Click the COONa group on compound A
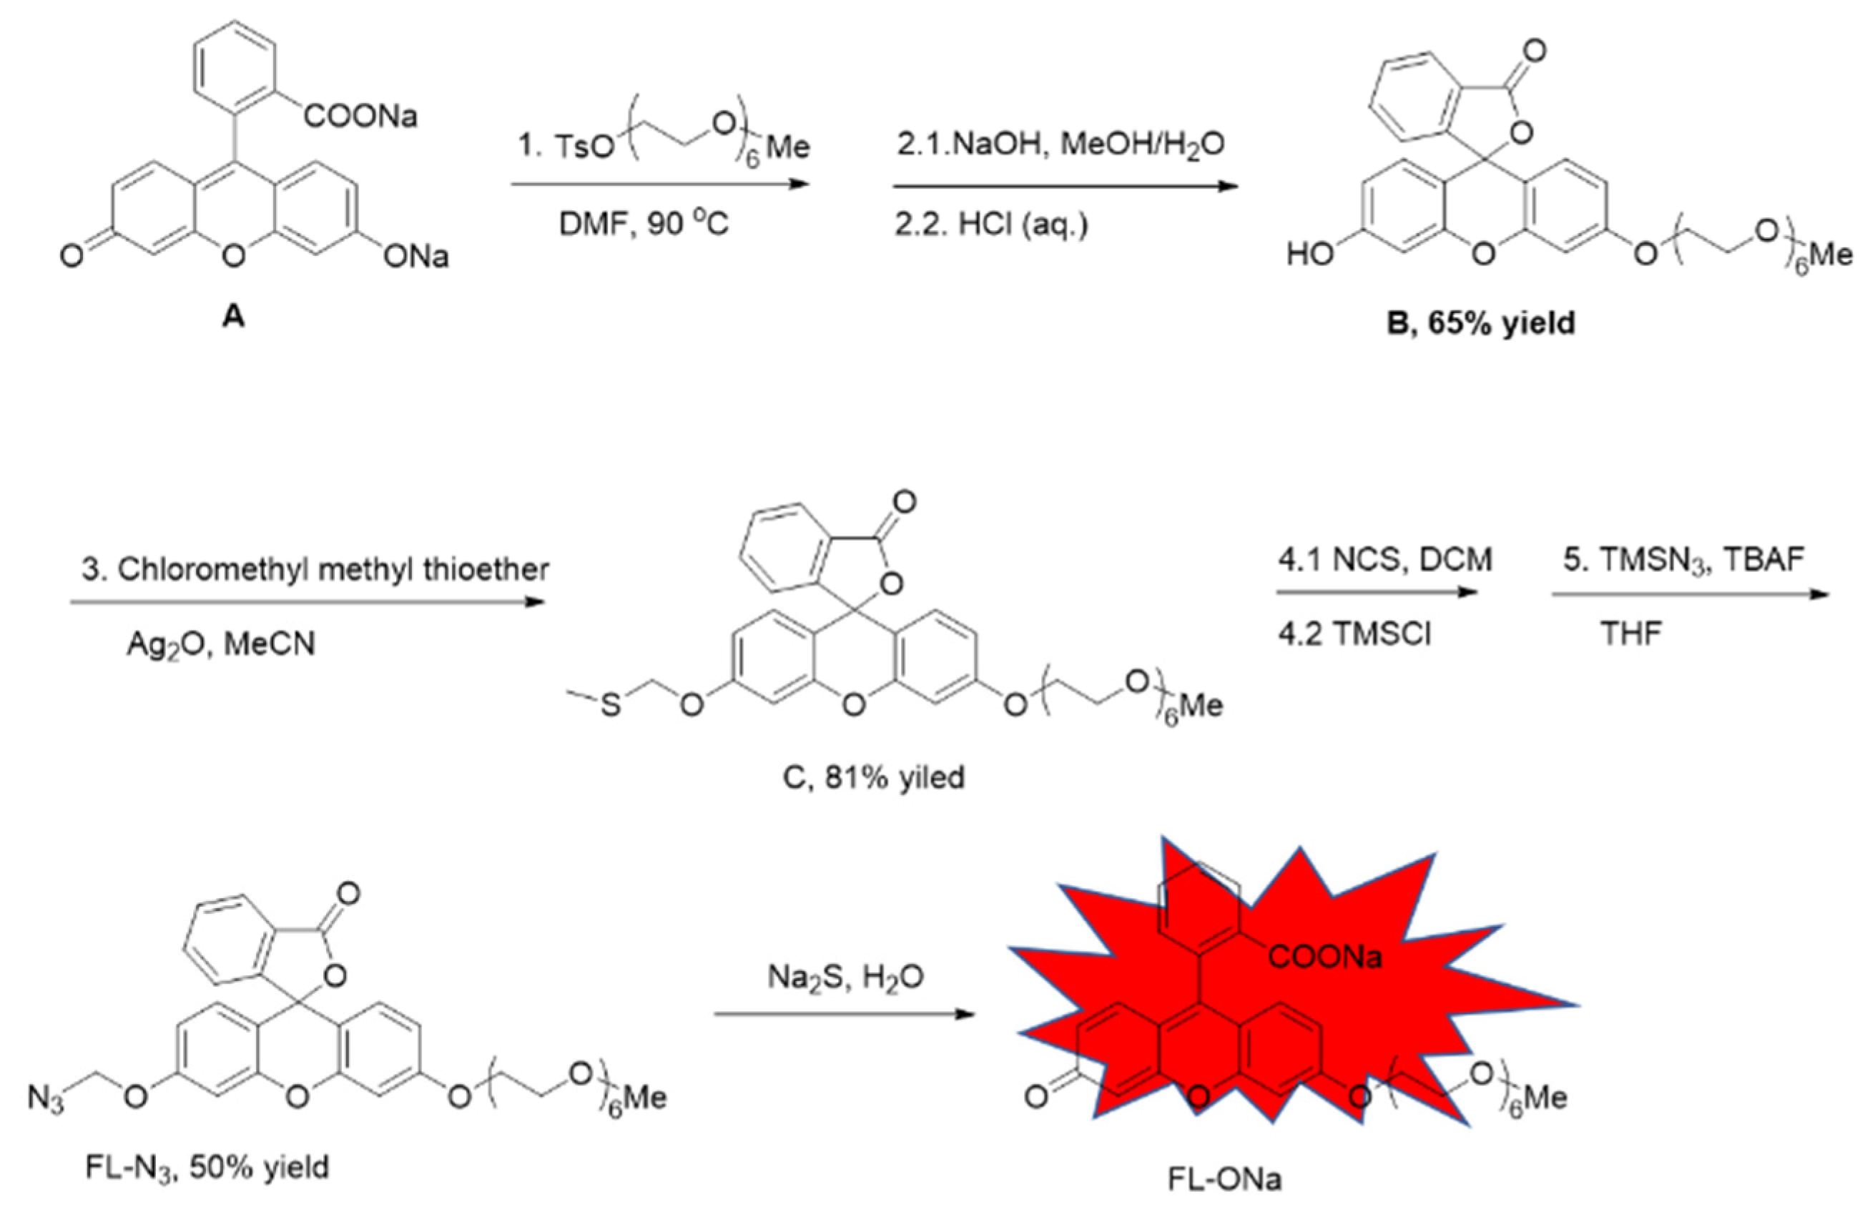point(360,117)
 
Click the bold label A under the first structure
point(234,316)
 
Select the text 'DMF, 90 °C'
point(644,225)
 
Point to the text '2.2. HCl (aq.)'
point(991,225)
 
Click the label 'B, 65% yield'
point(1480,322)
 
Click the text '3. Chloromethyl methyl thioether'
point(315,570)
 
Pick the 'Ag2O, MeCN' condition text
point(221,644)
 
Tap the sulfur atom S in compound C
point(611,705)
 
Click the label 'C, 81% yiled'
point(873,777)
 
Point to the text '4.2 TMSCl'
point(1354,634)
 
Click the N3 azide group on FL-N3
point(46,1098)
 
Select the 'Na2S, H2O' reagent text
point(845,977)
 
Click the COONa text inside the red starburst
point(1324,956)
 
